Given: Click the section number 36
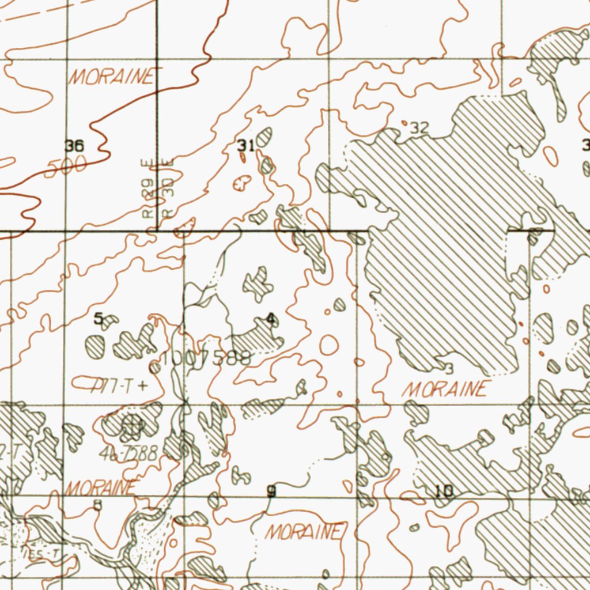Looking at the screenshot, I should pos(74,146).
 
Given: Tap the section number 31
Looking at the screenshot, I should pos(244,145).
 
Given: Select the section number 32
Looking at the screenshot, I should pos(419,128).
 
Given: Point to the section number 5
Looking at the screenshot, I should pos(99,317).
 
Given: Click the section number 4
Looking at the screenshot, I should pos(271,318).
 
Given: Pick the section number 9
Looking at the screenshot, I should pos(271,491).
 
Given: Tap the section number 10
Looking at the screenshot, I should pos(444,491).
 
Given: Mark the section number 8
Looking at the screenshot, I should pos(98,506).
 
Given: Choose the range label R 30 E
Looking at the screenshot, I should pos(168,188).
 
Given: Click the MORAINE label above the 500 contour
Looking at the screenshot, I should pos(112,77).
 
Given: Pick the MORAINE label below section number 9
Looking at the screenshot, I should pos(305,532).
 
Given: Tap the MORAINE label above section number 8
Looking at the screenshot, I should pos(102,487).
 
